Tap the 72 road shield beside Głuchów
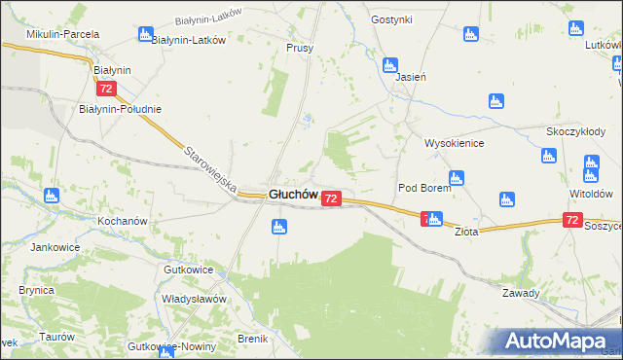pyautogui.click(x=331, y=198)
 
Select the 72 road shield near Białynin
pyautogui.click(x=107, y=89)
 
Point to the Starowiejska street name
pyautogui.click(x=211, y=168)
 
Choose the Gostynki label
pyautogui.click(x=392, y=19)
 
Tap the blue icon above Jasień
pyautogui.click(x=389, y=65)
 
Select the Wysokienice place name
pyautogui.click(x=454, y=143)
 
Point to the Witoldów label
pyautogui.click(x=590, y=194)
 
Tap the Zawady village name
pyautogui.click(x=521, y=293)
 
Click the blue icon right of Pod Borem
pyautogui.click(x=456, y=177)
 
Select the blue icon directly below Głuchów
pyautogui.click(x=279, y=228)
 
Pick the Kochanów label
pyautogui.click(x=122, y=221)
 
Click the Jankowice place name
pyautogui.click(x=55, y=247)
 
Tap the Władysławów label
pyautogui.click(x=194, y=299)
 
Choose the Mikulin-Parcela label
pyautogui.click(x=63, y=34)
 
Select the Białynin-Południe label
pyautogui.click(x=120, y=109)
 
